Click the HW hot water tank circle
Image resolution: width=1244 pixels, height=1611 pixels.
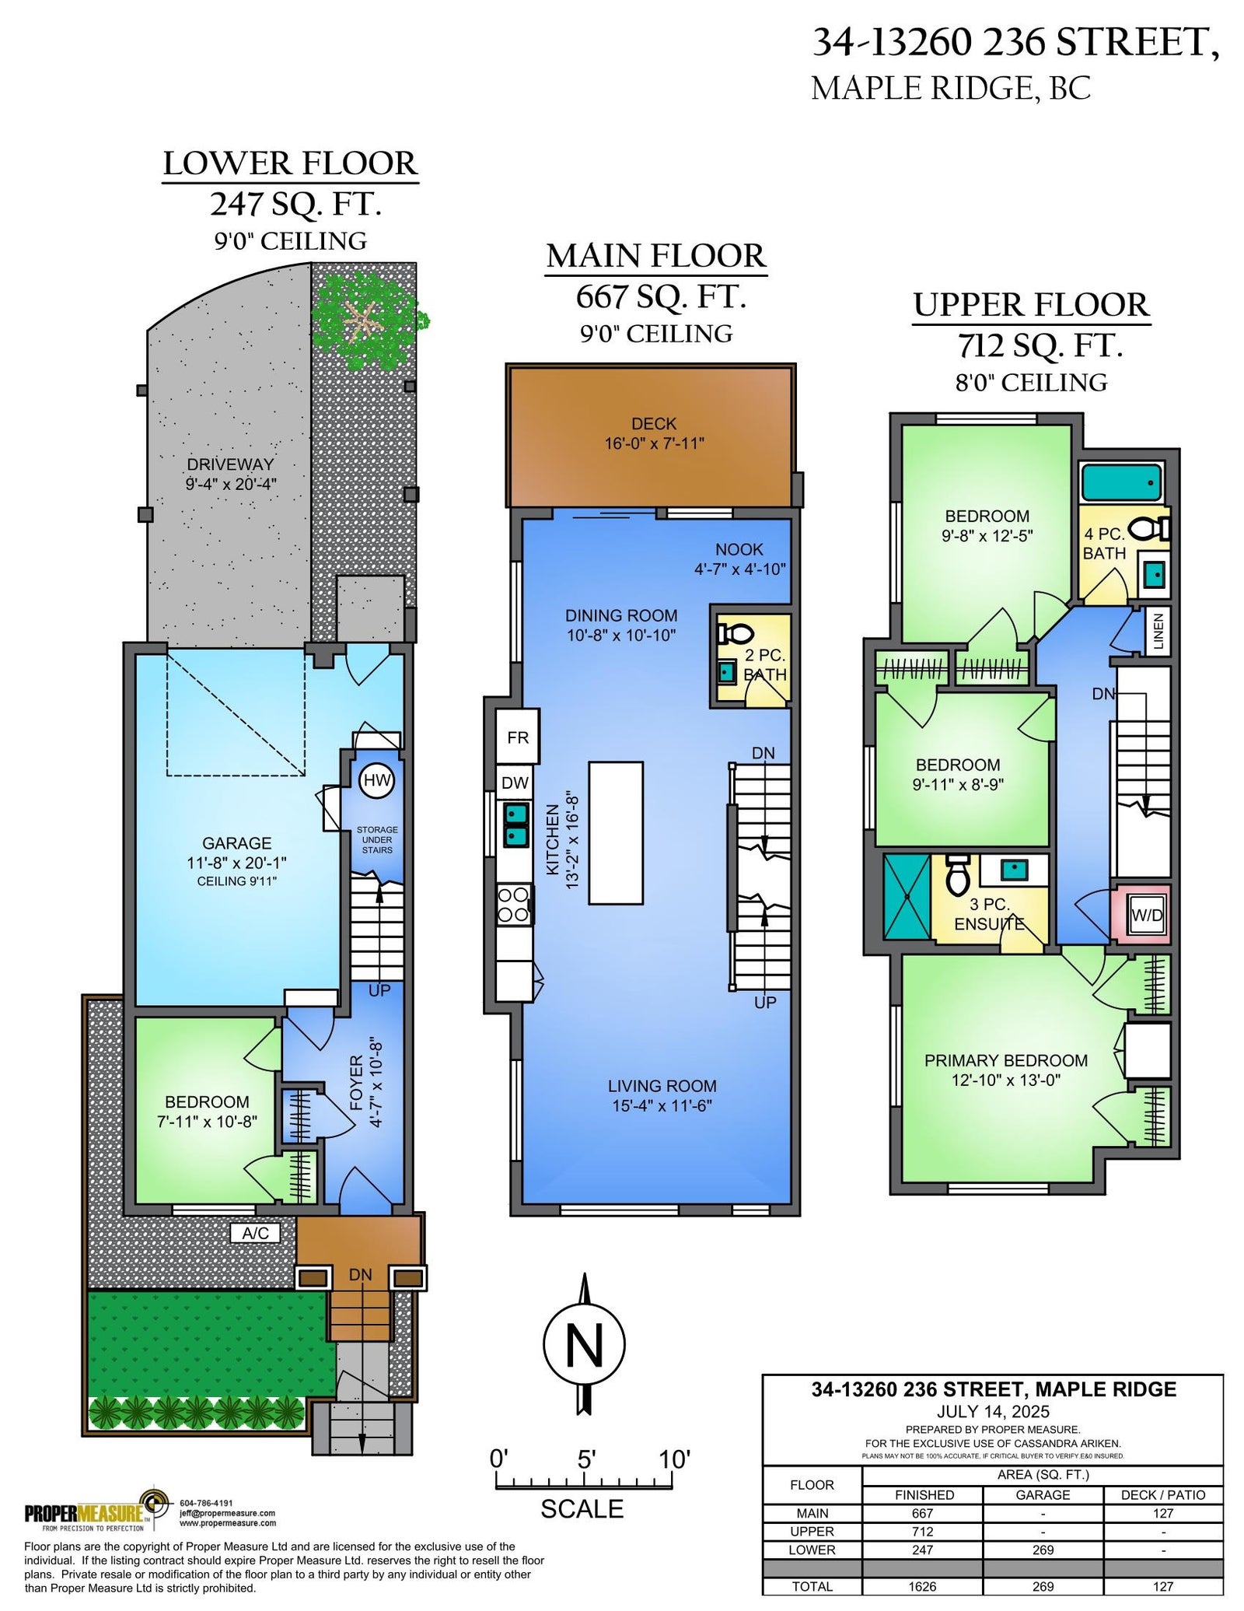pyautogui.click(x=376, y=780)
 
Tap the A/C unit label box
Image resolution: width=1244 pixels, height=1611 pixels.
pyautogui.click(x=256, y=1233)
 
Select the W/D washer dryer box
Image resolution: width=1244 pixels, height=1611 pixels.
pyautogui.click(x=1146, y=915)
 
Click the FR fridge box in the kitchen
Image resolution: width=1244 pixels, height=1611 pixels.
pyautogui.click(x=518, y=736)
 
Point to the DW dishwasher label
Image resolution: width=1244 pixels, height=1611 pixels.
pyautogui.click(x=515, y=783)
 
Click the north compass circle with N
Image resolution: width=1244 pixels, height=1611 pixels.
pyautogui.click(x=584, y=1344)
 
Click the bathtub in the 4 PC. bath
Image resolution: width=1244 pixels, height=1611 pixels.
pyautogui.click(x=1120, y=482)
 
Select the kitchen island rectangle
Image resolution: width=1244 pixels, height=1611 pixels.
pyautogui.click(x=616, y=832)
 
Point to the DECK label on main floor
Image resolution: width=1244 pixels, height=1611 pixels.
pyautogui.click(x=654, y=424)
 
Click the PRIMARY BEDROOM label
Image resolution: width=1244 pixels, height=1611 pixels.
pyautogui.click(x=1006, y=1060)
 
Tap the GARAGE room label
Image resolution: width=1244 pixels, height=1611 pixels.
pyautogui.click(x=237, y=843)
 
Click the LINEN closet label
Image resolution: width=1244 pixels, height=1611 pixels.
pyautogui.click(x=1158, y=631)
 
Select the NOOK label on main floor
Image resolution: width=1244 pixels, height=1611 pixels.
pyautogui.click(x=739, y=549)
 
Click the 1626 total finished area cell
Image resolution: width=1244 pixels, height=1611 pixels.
pyautogui.click(x=922, y=1586)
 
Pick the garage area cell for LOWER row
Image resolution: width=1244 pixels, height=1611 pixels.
pyautogui.click(x=1043, y=1549)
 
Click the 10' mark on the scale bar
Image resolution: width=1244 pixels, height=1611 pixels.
pyautogui.click(x=674, y=1459)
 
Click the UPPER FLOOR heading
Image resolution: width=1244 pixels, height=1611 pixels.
pyautogui.click(x=1031, y=304)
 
